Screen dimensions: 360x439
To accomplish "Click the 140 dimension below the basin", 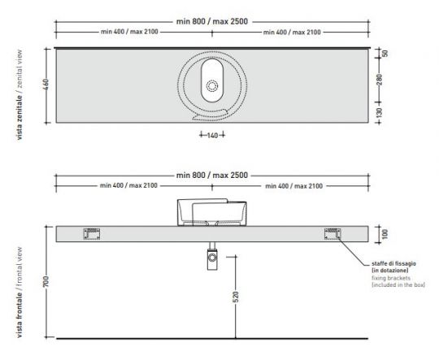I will pyautogui.click(x=212, y=136).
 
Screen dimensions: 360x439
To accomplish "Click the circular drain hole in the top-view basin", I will pyautogui.click(x=213, y=85).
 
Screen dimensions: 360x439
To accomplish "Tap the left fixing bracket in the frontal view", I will pyautogui.click(x=92, y=233).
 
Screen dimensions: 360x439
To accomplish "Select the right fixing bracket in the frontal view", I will pyautogui.click(x=333, y=233).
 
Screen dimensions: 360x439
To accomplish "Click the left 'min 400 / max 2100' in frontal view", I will pyautogui.click(x=130, y=186).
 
